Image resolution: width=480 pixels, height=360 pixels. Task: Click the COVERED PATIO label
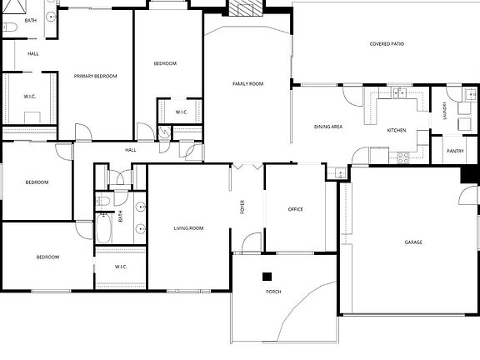[x=387, y=44]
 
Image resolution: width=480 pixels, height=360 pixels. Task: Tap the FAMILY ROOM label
[x=247, y=83]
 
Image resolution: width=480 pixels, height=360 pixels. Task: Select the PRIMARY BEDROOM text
[x=95, y=76]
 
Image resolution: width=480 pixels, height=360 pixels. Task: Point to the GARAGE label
[x=413, y=242]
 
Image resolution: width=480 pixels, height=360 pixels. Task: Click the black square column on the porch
[x=267, y=277]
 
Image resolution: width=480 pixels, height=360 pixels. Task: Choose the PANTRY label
[x=455, y=151]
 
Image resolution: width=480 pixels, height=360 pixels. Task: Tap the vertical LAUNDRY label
[x=444, y=111]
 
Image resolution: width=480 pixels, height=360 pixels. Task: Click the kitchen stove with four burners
[x=402, y=157]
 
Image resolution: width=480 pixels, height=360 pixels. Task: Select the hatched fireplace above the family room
[x=246, y=7]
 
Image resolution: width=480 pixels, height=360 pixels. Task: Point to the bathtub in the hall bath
[x=104, y=228]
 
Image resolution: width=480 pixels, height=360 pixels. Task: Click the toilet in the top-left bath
[x=10, y=27]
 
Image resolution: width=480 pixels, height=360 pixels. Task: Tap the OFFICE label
[x=295, y=209]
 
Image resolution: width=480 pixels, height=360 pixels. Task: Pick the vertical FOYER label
[x=242, y=207]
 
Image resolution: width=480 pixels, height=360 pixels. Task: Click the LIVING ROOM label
[x=188, y=228]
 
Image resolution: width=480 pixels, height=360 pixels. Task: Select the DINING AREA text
[x=328, y=127]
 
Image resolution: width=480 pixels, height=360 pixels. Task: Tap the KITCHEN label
[x=397, y=130]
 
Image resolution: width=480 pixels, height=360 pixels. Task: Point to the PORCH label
[x=273, y=292]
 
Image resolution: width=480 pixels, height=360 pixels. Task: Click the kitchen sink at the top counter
[x=400, y=92]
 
